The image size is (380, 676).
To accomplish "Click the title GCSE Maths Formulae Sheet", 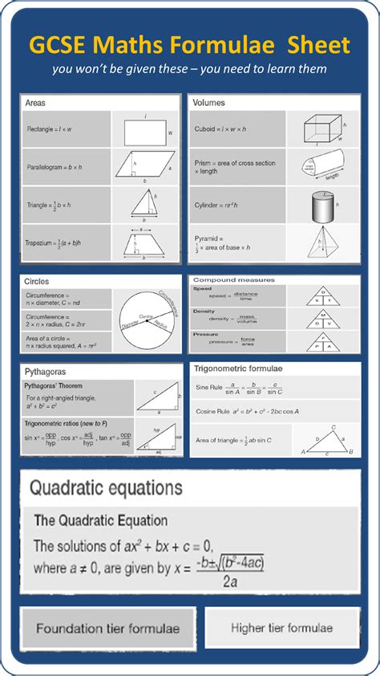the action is [189, 44].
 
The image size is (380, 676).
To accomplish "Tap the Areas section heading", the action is [35, 103].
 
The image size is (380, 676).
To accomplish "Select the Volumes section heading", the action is [209, 103].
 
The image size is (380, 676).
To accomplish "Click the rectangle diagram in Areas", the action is [145, 129].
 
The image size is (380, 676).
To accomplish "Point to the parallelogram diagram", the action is [144, 166].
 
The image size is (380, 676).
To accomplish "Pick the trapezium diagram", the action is [144, 242].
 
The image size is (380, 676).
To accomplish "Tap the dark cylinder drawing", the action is [321, 206].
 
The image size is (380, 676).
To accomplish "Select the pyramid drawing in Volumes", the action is [325, 242].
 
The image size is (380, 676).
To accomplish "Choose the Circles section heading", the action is [37, 282].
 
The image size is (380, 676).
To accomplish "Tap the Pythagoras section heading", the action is [46, 373].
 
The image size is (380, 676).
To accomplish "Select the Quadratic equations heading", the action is [105, 488].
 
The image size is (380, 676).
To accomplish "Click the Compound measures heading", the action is [233, 280].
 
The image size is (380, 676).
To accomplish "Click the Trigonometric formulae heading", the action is [240, 369].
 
